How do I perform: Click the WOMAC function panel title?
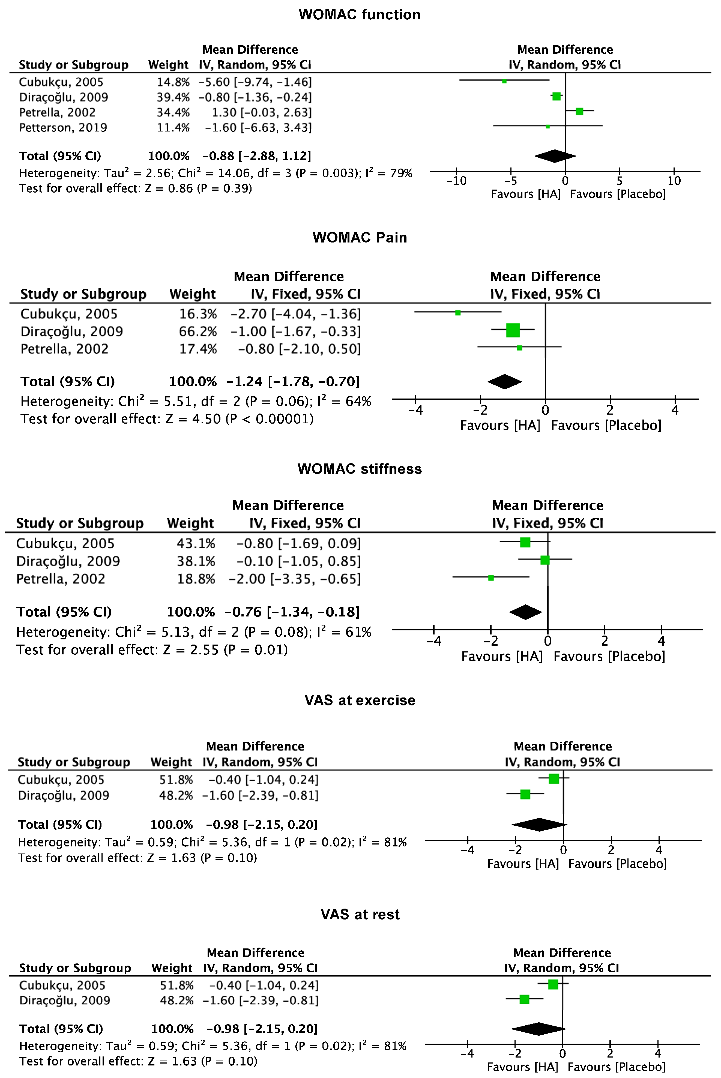click(x=360, y=15)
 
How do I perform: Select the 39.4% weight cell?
click(x=173, y=97)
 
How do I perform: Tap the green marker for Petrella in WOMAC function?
click(x=579, y=111)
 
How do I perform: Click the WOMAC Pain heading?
click(x=360, y=237)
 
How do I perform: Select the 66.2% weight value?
click(x=198, y=331)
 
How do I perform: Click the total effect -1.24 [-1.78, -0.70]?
click(x=293, y=382)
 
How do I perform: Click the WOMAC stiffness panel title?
click(x=360, y=469)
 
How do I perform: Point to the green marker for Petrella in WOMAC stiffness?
click(x=491, y=578)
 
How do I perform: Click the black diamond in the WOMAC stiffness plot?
click(x=526, y=612)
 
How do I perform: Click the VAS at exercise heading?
click(x=360, y=700)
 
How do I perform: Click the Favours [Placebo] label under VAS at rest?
click(x=616, y=1067)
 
